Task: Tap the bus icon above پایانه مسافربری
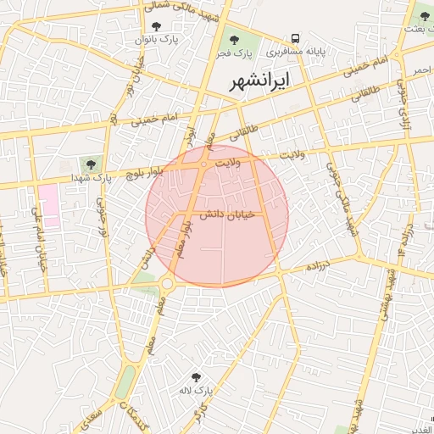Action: (296, 38)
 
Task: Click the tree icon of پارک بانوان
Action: (154, 26)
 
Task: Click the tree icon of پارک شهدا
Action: (91, 164)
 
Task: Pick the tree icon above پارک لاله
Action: (197, 377)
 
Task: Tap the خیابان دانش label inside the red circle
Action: (221, 216)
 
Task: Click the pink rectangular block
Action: (47, 205)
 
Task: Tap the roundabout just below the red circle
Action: (168, 283)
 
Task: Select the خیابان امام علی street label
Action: (38, 238)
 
